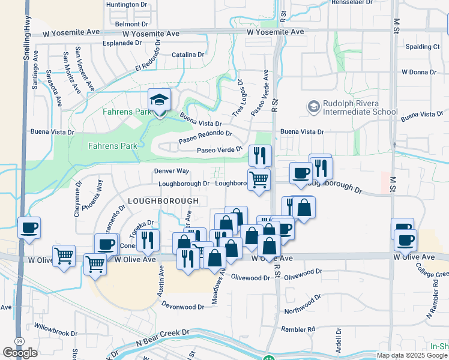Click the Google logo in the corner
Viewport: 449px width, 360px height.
20,353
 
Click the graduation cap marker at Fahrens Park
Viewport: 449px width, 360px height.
159,100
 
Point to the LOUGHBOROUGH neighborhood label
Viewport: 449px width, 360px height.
163,200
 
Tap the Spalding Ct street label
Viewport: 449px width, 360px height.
423,47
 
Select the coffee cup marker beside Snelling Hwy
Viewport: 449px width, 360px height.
29,228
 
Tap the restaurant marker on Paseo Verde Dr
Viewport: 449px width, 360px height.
260,155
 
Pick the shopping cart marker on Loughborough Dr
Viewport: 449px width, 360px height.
259,179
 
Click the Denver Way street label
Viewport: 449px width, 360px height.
172,171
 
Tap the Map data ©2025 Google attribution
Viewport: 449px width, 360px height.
412,355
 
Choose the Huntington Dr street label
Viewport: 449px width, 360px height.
127,5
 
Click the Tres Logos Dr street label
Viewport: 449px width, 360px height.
237,97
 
